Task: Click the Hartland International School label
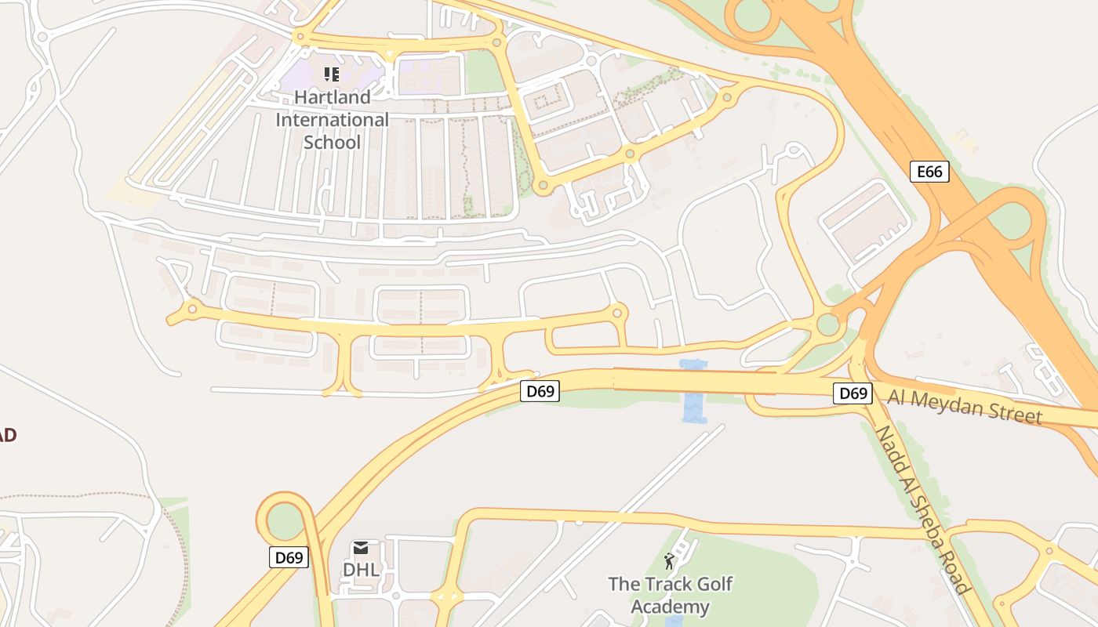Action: (332, 120)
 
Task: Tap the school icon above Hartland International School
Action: (331, 74)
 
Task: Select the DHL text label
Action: (361, 570)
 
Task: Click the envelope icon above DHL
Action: (360, 547)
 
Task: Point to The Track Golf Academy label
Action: (671, 595)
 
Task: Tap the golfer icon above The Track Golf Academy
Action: (669, 561)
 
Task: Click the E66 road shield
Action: (929, 172)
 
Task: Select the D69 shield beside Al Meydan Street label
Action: (852, 393)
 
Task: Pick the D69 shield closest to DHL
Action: (289, 558)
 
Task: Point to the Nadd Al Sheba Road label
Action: (921, 510)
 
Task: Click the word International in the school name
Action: (332, 120)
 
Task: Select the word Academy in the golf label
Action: (671, 607)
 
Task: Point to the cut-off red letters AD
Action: (8, 436)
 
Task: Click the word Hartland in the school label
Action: (332, 98)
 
